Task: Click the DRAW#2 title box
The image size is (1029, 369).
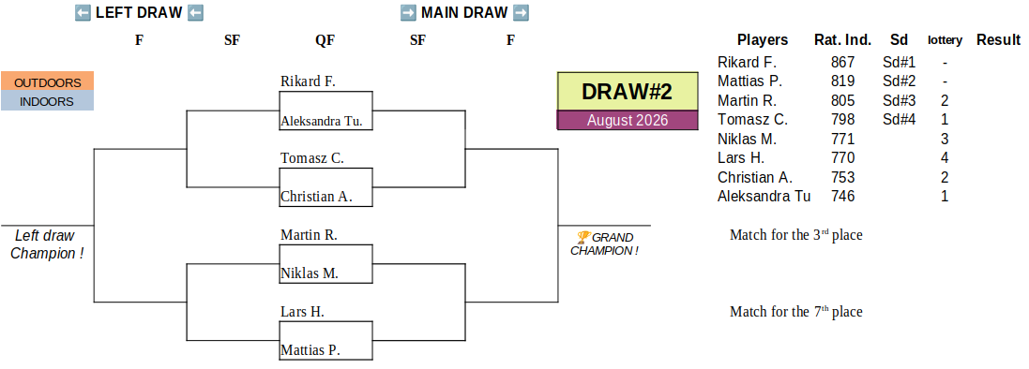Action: click(628, 91)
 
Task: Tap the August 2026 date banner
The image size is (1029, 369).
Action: click(628, 120)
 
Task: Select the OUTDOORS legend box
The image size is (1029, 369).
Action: click(47, 81)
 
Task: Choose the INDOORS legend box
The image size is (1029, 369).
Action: click(47, 101)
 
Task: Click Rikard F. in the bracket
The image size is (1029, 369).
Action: click(308, 81)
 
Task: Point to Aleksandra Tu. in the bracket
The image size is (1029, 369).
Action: click(322, 121)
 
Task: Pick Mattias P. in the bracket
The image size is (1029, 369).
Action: click(310, 350)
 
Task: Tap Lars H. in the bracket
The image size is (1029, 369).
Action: click(303, 311)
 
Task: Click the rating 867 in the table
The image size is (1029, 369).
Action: click(842, 62)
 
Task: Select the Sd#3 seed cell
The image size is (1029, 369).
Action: click(899, 100)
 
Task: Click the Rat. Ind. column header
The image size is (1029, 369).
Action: click(842, 39)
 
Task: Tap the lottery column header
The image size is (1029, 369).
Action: click(945, 40)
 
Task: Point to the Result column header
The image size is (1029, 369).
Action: click(998, 39)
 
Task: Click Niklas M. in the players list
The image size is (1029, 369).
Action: click(747, 139)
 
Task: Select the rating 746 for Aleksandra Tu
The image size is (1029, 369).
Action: click(842, 196)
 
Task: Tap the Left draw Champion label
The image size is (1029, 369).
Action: click(46, 244)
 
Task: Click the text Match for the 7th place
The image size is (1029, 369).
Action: click(796, 311)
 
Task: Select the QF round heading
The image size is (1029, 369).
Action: click(325, 40)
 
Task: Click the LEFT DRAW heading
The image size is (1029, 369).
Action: click(139, 12)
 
